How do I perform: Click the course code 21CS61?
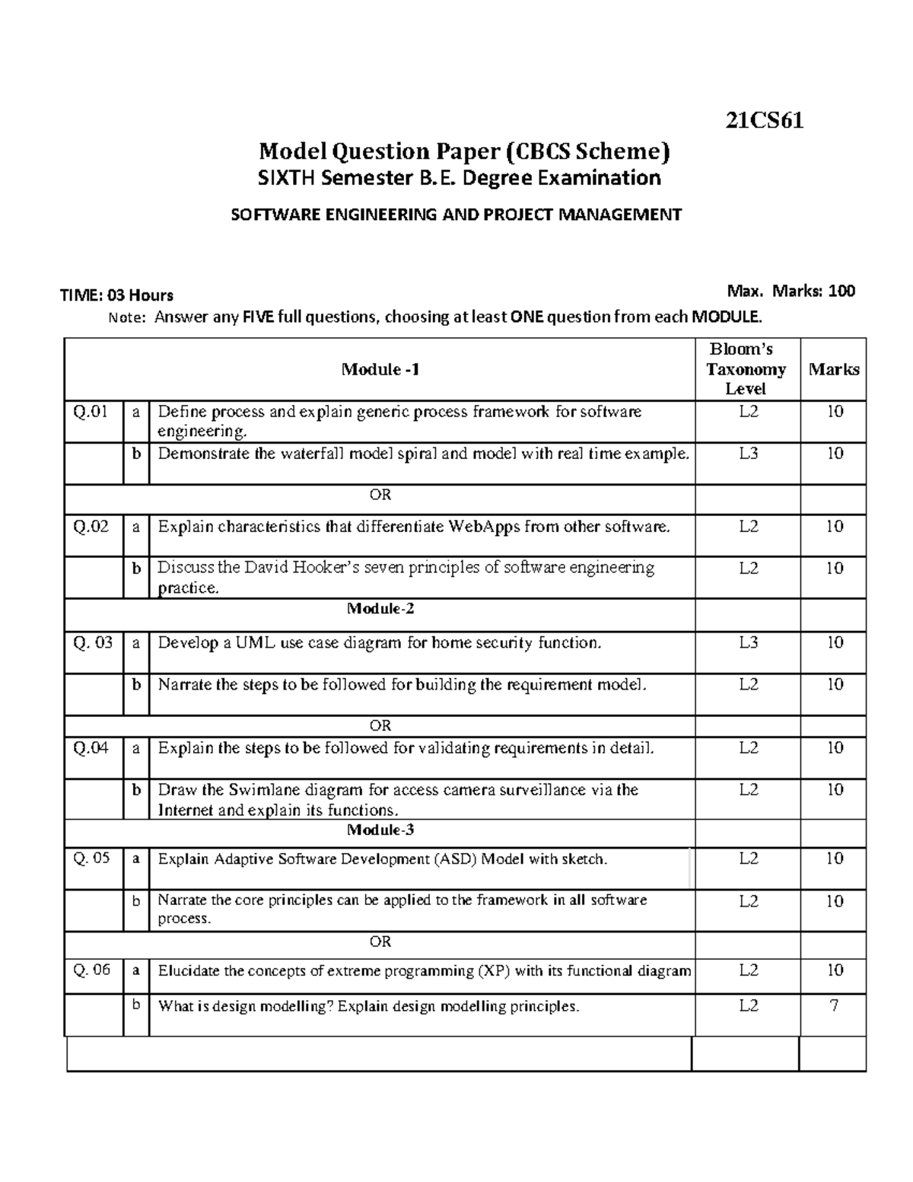(x=764, y=121)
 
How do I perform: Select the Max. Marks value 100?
(x=841, y=291)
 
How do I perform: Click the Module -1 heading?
(x=380, y=370)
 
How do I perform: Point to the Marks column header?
(x=834, y=370)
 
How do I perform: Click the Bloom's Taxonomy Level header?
(x=746, y=369)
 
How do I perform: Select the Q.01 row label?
(x=91, y=413)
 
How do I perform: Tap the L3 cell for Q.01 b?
(x=749, y=454)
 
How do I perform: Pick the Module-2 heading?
(x=380, y=609)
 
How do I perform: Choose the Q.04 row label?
(x=91, y=748)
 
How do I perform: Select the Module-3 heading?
(x=380, y=830)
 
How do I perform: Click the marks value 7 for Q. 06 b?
(x=835, y=1006)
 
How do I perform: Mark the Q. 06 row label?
(x=92, y=970)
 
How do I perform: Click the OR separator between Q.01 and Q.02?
(x=380, y=495)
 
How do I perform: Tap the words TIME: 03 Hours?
(x=116, y=295)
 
